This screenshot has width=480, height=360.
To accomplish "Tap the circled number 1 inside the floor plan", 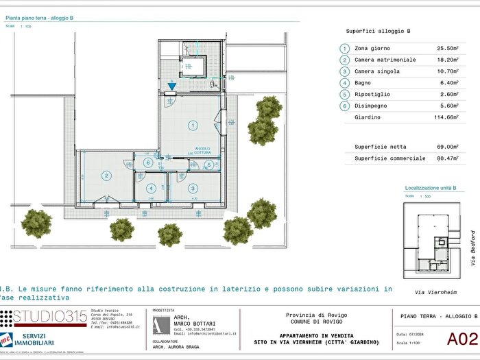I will pyautogui.click(x=193, y=125).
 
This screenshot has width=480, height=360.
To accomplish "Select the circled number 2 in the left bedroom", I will pyautogui.click(x=107, y=176).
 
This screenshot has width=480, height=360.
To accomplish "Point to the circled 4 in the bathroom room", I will pyautogui.click(x=151, y=188).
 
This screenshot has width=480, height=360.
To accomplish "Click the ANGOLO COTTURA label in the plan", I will pyautogui.click(x=202, y=149).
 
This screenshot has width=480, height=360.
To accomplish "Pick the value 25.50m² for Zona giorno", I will pyautogui.click(x=447, y=49).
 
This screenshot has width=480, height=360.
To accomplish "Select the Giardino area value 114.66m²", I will pyautogui.click(x=445, y=117).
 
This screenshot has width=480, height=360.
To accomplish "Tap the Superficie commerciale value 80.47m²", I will pyautogui.click(x=447, y=158).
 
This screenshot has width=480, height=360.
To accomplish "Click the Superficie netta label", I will pyautogui.click(x=380, y=147).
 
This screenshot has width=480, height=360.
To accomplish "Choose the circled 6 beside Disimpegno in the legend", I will pyautogui.click(x=344, y=106).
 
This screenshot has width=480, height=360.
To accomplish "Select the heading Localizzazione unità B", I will pyautogui.click(x=431, y=187).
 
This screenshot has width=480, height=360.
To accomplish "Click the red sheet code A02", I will pyautogui.click(x=461, y=338).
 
